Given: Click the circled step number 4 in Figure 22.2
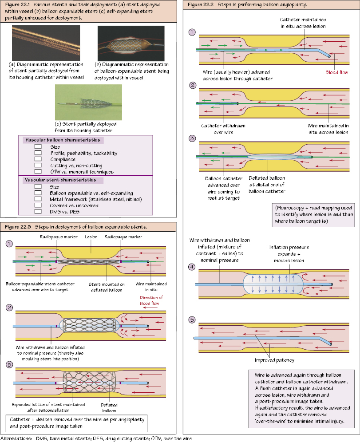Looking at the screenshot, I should pos(192,267).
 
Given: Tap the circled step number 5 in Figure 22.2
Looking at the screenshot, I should pos(192,320).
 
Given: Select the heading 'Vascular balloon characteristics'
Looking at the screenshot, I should pos(63,140).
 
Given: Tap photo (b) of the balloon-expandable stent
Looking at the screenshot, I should pos(131,43).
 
